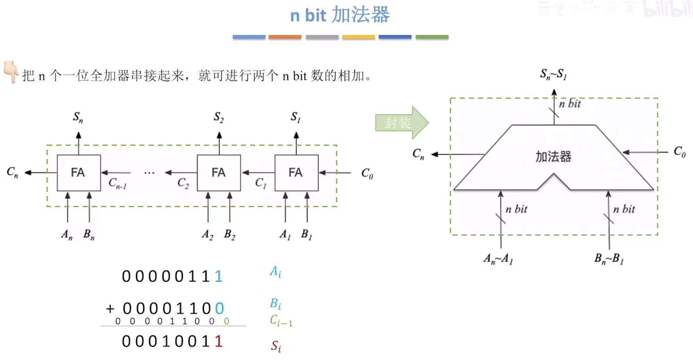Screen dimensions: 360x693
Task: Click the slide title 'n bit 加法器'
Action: click(x=340, y=15)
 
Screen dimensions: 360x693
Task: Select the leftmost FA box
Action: click(x=79, y=173)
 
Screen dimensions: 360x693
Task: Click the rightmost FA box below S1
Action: click(x=296, y=173)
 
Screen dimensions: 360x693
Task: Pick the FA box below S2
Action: click(x=219, y=173)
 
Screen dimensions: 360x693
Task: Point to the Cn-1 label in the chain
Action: click(x=117, y=183)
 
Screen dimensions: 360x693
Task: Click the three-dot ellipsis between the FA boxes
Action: click(x=149, y=173)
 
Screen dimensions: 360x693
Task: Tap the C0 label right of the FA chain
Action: click(x=367, y=173)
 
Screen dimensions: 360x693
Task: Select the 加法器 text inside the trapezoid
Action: click(x=553, y=157)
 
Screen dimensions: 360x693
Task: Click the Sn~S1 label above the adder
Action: click(x=553, y=74)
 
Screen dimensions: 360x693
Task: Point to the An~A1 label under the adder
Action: click(x=498, y=259)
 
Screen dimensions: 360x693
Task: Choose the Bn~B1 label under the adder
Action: click(x=609, y=259)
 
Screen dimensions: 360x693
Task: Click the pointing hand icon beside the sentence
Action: click(x=11, y=71)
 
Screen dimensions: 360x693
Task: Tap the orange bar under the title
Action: click(x=285, y=37)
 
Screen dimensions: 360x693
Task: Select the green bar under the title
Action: click(x=432, y=37)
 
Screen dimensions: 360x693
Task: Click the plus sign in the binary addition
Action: click(x=110, y=308)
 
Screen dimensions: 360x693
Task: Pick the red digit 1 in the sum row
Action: click(x=218, y=341)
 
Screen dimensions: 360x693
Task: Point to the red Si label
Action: click(x=276, y=346)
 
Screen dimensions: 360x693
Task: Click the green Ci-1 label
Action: click(x=281, y=320)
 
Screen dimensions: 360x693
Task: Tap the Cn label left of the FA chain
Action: click(x=12, y=172)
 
